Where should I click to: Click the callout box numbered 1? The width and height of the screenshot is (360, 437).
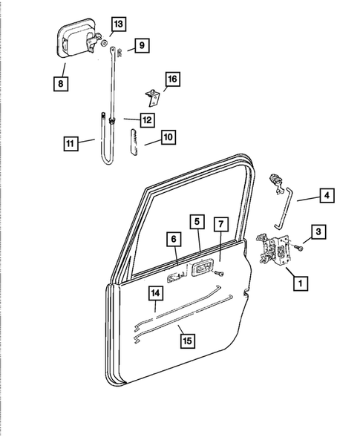(300, 282)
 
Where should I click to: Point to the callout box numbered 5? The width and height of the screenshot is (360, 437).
(197, 221)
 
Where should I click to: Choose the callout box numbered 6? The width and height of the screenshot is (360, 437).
(173, 240)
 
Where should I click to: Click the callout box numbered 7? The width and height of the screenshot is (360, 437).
(220, 223)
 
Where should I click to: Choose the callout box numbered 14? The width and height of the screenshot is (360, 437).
(156, 293)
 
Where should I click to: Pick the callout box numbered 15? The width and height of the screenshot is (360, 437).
(189, 340)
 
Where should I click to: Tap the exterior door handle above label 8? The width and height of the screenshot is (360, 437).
(76, 43)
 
